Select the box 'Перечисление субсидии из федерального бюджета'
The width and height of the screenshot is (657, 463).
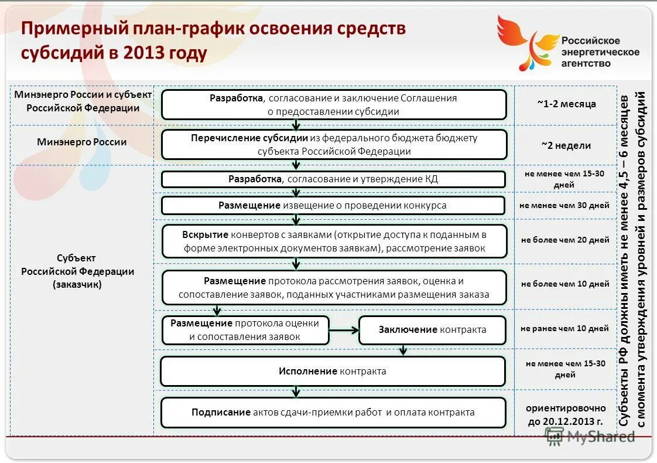334,144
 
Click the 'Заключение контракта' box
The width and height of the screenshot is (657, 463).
432,329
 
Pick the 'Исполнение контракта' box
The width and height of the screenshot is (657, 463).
333,371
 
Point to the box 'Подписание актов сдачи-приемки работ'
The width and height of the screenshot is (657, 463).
333,412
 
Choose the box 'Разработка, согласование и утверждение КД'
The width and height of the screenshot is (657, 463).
333,179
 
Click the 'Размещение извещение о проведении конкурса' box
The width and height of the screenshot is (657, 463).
333,205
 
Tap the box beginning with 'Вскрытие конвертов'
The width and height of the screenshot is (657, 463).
334,241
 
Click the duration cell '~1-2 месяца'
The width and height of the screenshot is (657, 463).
566,104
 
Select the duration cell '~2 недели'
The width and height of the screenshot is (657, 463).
566,145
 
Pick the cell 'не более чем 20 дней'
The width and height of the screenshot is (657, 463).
565,240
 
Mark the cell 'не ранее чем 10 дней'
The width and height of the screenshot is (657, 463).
565,329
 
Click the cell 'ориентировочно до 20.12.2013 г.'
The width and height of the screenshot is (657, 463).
565,413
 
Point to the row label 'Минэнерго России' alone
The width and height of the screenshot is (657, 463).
81,142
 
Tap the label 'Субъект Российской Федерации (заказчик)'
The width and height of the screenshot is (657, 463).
78,271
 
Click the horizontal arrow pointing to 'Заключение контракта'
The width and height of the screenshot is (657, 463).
344,330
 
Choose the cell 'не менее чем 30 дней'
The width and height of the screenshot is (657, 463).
565,205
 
